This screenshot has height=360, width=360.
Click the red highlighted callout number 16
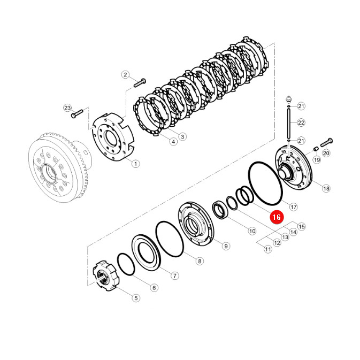pyautogui.click(x=277, y=217)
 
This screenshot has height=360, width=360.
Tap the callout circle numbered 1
pyautogui.click(x=135, y=164)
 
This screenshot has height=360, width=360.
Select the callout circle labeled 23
pyautogui.click(x=67, y=108)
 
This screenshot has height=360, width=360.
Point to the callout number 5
pyautogui.click(x=136, y=298)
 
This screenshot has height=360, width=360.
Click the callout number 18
pyautogui.click(x=326, y=188)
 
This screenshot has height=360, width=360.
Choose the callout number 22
pyautogui.click(x=301, y=122)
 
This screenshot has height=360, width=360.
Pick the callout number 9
pyautogui.click(x=226, y=246)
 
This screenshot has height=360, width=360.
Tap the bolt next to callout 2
pyautogui.click(x=140, y=83)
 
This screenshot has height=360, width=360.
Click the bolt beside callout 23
pyautogui.click(x=77, y=113)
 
